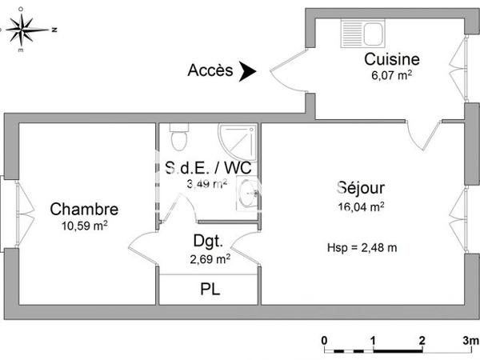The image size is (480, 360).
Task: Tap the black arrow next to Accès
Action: click(248, 71)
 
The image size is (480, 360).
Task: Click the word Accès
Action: click(210, 70)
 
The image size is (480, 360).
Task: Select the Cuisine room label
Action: click(392, 59)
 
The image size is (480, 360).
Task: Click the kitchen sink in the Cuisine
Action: click(363, 34)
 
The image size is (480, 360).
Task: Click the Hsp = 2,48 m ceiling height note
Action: click(362, 246)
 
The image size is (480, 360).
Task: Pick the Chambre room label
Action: click(84, 210)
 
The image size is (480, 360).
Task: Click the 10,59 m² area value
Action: click(84, 226)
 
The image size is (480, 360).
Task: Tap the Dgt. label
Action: click(206, 240)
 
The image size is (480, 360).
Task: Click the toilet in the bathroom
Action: click(179, 137)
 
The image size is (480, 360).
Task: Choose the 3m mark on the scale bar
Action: click(470, 340)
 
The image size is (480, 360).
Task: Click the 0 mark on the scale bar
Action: click(325, 340)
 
